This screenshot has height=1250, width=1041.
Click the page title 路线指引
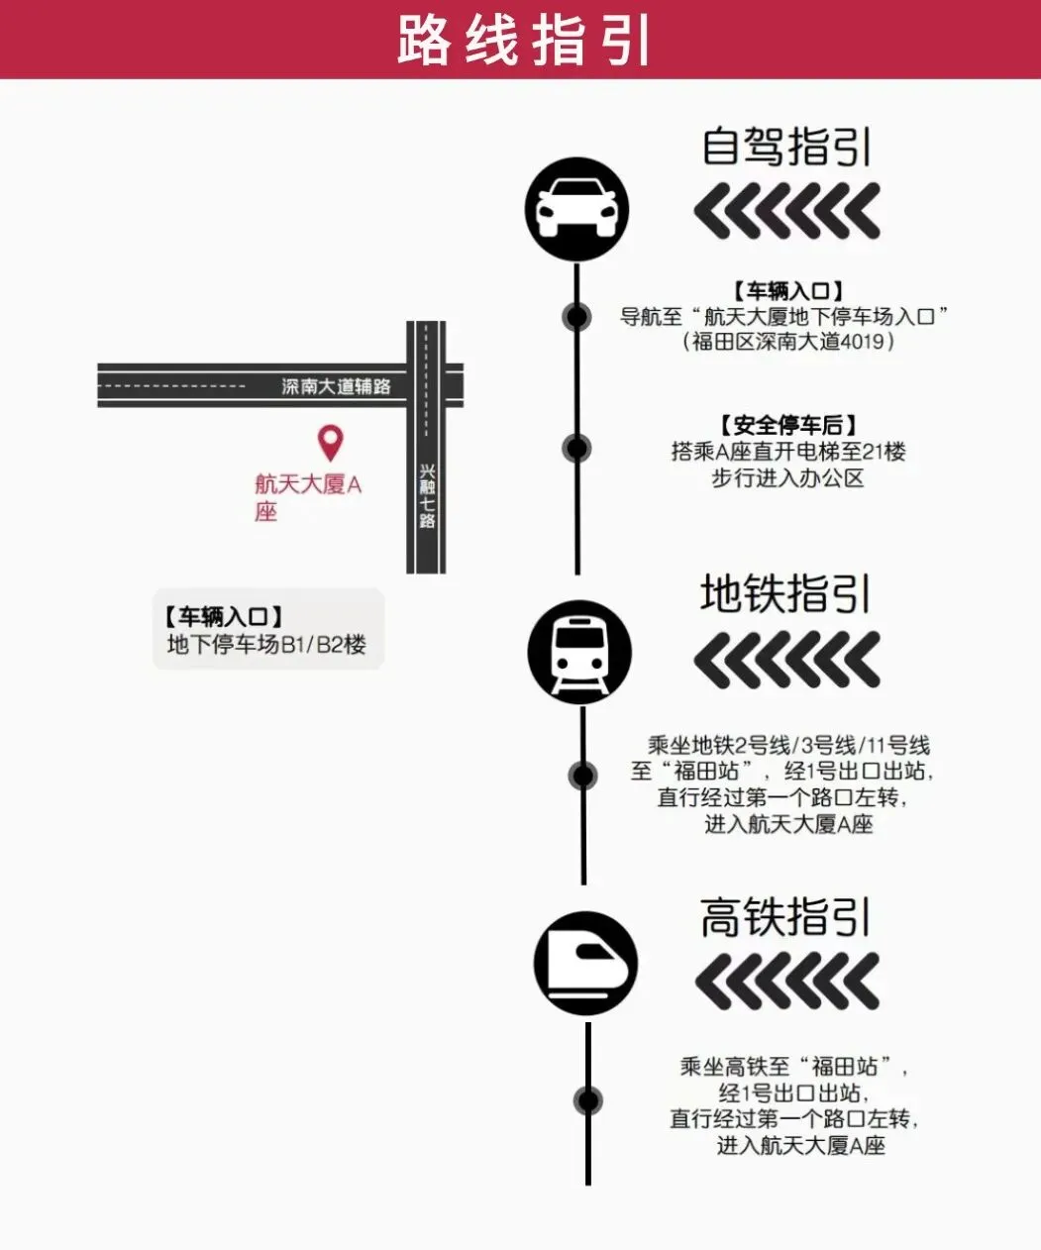click(x=522, y=40)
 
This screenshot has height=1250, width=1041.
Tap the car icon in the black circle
click(x=576, y=209)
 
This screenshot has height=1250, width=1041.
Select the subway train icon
click(x=579, y=654)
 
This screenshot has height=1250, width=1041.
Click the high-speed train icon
click(x=585, y=963)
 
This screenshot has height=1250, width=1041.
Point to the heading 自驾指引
click(x=786, y=147)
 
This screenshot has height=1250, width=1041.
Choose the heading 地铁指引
click(x=785, y=593)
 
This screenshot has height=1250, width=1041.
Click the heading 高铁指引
click(x=785, y=917)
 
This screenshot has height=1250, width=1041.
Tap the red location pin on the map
click(x=330, y=442)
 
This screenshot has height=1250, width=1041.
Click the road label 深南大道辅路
click(x=336, y=386)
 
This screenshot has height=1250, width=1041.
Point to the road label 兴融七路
click(x=427, y=495)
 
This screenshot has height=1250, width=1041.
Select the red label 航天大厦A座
click(x=307, y=496)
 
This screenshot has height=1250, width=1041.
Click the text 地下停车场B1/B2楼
click(x=266, y=645)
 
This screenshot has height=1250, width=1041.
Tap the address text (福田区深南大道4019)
click(x=789, y=342)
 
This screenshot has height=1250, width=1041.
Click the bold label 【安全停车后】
click(x=788, y=426)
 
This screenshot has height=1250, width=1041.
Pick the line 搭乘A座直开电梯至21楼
click(x=788, y=452)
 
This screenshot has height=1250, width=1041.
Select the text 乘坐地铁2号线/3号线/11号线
click(x=788, y=745)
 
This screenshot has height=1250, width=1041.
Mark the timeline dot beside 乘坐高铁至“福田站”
click(x=588, y=1100)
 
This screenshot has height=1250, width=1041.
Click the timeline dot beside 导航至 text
click(x=576, y=317)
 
